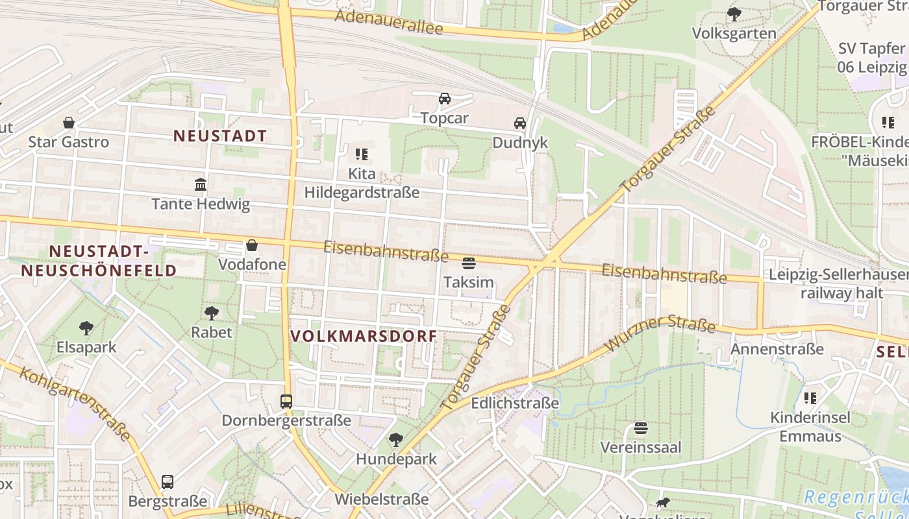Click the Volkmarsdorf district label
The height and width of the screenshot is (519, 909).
pyautogui.click(x=364, y=336)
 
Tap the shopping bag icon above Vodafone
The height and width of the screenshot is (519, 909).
pyautogui.click(x=251, y=246)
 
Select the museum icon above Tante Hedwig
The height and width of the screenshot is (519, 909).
pyautogui.click(x=201, y=185)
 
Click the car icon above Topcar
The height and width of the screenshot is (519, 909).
pyautogui.click(x=445, y=99)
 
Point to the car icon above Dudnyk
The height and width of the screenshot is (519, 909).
pyautogui.click(x=520, y=123)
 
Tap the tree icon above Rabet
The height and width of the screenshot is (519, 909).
pyautogui.click(x=212, y=313)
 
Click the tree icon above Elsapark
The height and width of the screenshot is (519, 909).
pyautogui.click(x=86, y=328)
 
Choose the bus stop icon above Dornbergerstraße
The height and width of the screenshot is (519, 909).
pyautogui.click(x=286, y=402)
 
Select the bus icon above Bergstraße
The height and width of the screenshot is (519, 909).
pyautogui.click(x=168, y=482)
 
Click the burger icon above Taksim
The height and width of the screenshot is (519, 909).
pyautogui.click(x=469, y=263)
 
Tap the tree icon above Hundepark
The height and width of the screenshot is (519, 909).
pyautogui.click(x=396, y=441)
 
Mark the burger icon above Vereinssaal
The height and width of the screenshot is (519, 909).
pyautogui.click(x=641, y=429)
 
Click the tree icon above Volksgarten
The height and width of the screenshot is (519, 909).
pyautogui.click(x=734, y=14)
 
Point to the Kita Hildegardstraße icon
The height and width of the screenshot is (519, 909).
pyautogui.click(x=362, y=154)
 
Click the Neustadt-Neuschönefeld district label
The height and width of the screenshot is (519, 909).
pyautogui.click(x=99, y=261)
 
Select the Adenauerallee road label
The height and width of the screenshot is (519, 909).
pyautogui.click(x=389, y=22)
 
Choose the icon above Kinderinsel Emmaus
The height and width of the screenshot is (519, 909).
pyautogui.click(x=810, y=398)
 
